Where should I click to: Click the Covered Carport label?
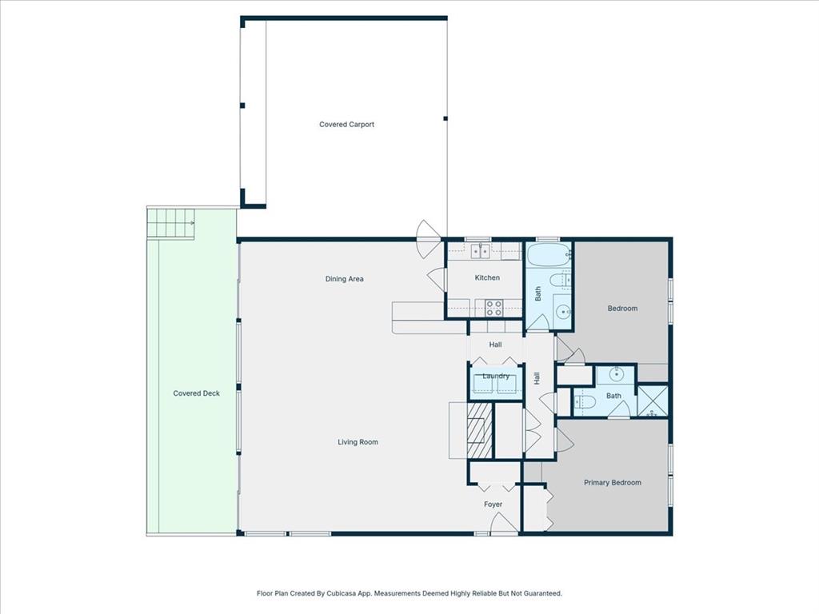point(346,125)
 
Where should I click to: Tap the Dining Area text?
point(345,279)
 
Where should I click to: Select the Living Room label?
point(358,442)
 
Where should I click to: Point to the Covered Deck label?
point(196,393)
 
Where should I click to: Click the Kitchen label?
point(487,278)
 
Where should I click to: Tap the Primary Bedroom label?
point(612,483)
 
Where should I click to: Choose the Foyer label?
point(493,504)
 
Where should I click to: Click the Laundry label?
point(496,376)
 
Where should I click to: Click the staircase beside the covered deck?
point(170,223)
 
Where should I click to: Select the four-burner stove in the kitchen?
point(493,307)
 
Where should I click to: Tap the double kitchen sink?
point(481,251)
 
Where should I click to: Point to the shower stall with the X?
point(653,400)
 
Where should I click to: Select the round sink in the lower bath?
point(616,373)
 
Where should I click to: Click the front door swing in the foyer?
point(503,524)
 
